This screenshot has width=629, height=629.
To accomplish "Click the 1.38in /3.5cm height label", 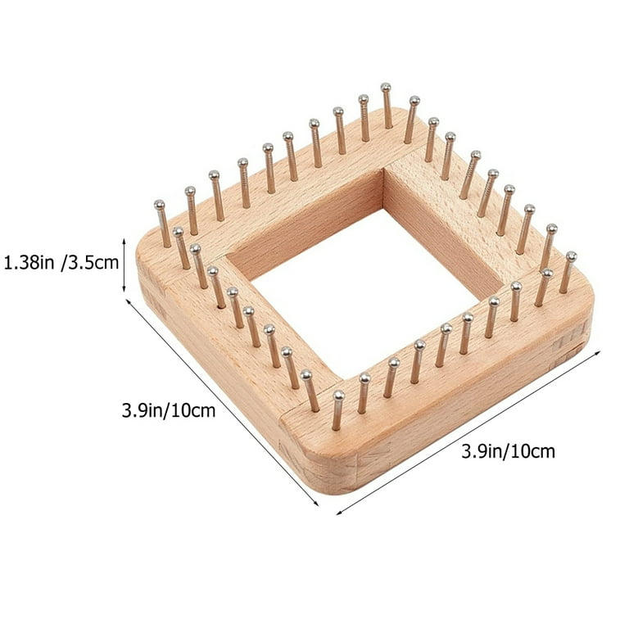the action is tap(61, 263).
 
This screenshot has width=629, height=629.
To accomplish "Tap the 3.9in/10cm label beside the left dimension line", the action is tap(169, 411).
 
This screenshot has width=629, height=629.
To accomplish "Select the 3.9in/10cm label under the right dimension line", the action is tap(509, 451).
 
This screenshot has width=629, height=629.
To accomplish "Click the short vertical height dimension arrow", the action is tap(124, 265).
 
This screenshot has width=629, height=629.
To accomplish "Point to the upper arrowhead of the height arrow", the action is tap(124, 240).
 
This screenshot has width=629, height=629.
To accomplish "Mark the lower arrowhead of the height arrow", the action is tap(124, 291).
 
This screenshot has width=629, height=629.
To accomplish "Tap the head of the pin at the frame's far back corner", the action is tap(386, 87).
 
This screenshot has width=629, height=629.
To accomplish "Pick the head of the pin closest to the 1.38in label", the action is tap(159, 205).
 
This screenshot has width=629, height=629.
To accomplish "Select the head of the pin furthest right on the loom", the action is tap(571, 256).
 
